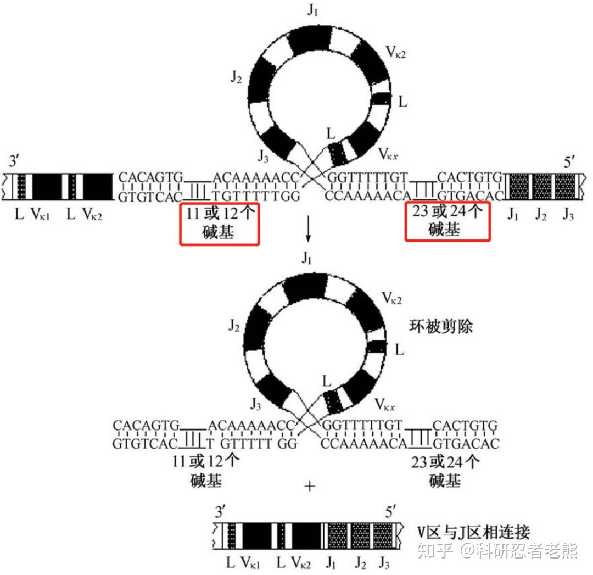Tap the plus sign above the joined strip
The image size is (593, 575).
pyautogui.click(x=310, y=487)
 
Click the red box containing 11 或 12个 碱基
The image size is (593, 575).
pyautogui.click(x=219, y=223)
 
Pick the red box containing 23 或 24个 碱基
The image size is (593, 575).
pyautogui.click(x=447, y=221)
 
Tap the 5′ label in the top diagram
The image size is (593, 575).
pyautogui.click(x=573, y=163)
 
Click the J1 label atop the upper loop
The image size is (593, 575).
pyautogui.click(x=313, y=11)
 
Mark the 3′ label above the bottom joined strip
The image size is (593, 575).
pyautogui.click(x=221, y=513)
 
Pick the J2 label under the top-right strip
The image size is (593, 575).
pyautogui.click(x=542, y=215)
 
